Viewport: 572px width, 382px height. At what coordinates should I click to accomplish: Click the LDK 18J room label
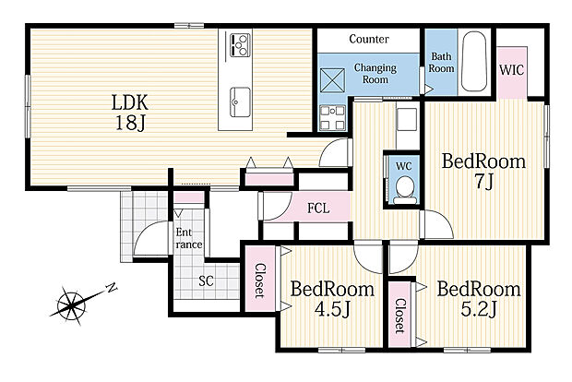(130, 113)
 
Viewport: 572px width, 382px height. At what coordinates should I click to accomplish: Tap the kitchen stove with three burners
(240, 45)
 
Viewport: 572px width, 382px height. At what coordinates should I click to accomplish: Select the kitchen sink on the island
(240, 102)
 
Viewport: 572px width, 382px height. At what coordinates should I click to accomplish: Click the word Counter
(369, 39)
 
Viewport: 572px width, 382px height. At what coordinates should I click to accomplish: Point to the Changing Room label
(375, 73)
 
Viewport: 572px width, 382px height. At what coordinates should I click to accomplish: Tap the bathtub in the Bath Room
(474, 61)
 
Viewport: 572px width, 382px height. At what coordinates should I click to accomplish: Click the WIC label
(511, 70)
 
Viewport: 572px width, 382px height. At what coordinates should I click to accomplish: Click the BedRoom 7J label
(483, 171)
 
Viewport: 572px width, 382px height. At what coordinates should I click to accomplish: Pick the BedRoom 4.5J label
(332, 299)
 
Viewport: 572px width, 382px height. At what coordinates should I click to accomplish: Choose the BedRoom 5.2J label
(479, 299)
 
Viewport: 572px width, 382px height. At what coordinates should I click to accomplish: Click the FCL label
(318, 209)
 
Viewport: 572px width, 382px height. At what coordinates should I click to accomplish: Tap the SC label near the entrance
(206, 281)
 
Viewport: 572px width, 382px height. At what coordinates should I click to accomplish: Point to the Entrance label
(188, 238)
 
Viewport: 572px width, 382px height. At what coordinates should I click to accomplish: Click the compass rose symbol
(73, 304)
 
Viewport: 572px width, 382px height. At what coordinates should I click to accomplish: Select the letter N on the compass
(112, 288)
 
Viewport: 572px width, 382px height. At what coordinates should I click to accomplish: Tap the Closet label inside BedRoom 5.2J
(400, 316)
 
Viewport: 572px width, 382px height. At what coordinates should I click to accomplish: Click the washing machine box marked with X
(332, 80)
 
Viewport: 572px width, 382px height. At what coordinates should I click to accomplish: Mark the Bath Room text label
(441, 63)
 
